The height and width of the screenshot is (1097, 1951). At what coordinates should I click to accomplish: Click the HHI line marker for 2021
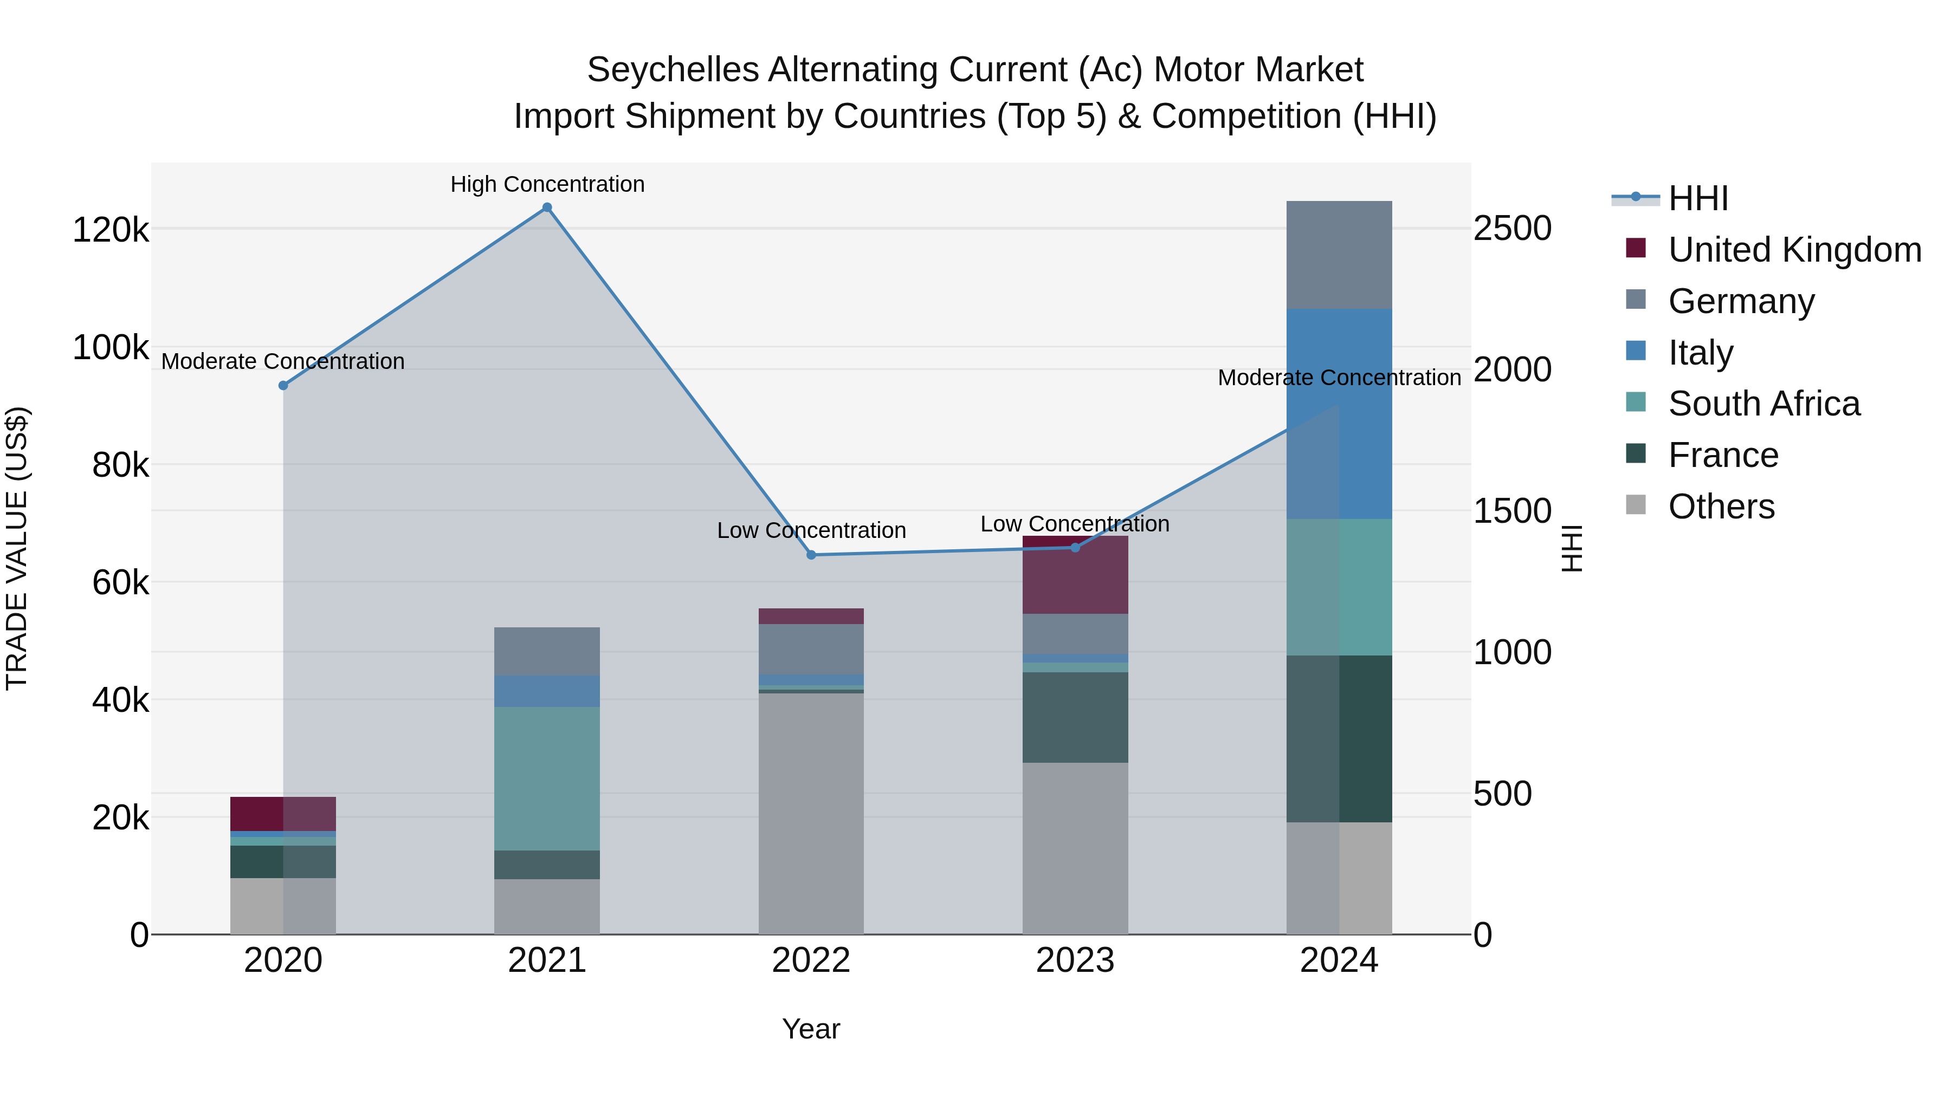(547, 207)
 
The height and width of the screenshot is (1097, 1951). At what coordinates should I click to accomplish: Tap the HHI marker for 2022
(811, 555)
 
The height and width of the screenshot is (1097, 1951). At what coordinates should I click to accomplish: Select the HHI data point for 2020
(283, 385)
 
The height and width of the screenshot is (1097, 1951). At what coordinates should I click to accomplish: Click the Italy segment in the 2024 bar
(1339, 413)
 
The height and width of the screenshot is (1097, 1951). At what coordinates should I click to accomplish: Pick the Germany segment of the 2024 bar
(1339, 255)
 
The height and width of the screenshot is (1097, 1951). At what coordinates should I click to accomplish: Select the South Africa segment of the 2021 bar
(547, 778)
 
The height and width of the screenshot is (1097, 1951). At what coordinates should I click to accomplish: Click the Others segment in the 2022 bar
(811, 814)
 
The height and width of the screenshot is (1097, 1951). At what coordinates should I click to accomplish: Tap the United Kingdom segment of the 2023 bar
(1075, 575)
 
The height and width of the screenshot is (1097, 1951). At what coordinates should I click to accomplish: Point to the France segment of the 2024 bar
(1339, 739)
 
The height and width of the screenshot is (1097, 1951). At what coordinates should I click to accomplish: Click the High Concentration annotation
(547, 184)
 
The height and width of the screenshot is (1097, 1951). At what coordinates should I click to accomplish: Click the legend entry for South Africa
(1763, 404)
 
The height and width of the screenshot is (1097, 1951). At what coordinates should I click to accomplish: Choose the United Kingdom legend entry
(1793, 250)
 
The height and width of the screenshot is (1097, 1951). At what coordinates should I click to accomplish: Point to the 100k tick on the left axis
(111, 347)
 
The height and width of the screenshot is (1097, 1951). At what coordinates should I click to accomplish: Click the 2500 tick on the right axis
(1511, 229)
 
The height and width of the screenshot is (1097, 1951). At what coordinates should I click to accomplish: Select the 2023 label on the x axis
(1075, 960)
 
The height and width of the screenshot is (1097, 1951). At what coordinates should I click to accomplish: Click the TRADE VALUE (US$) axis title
(17, 548)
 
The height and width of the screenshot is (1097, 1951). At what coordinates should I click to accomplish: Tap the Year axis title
(811, 1029)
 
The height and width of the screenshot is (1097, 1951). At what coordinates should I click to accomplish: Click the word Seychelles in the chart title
(673, 70)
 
